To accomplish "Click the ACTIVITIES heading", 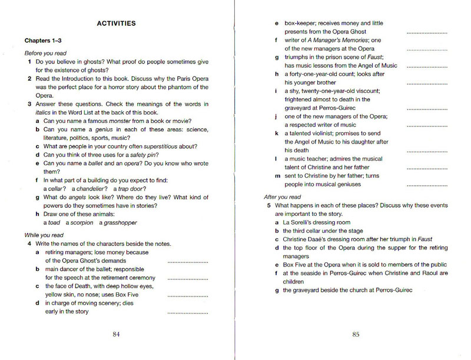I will (x=116, y=24).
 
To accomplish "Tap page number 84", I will (x=116, y=335).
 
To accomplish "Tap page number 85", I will (x=356, y=335).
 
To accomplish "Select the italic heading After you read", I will (x=283, y=197).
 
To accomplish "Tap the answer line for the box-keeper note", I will (x=427, y=32).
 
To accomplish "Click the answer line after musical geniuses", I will (x=427, y=185).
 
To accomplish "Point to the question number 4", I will (x=29, y=244).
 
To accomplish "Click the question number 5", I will (x=268, y=206).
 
